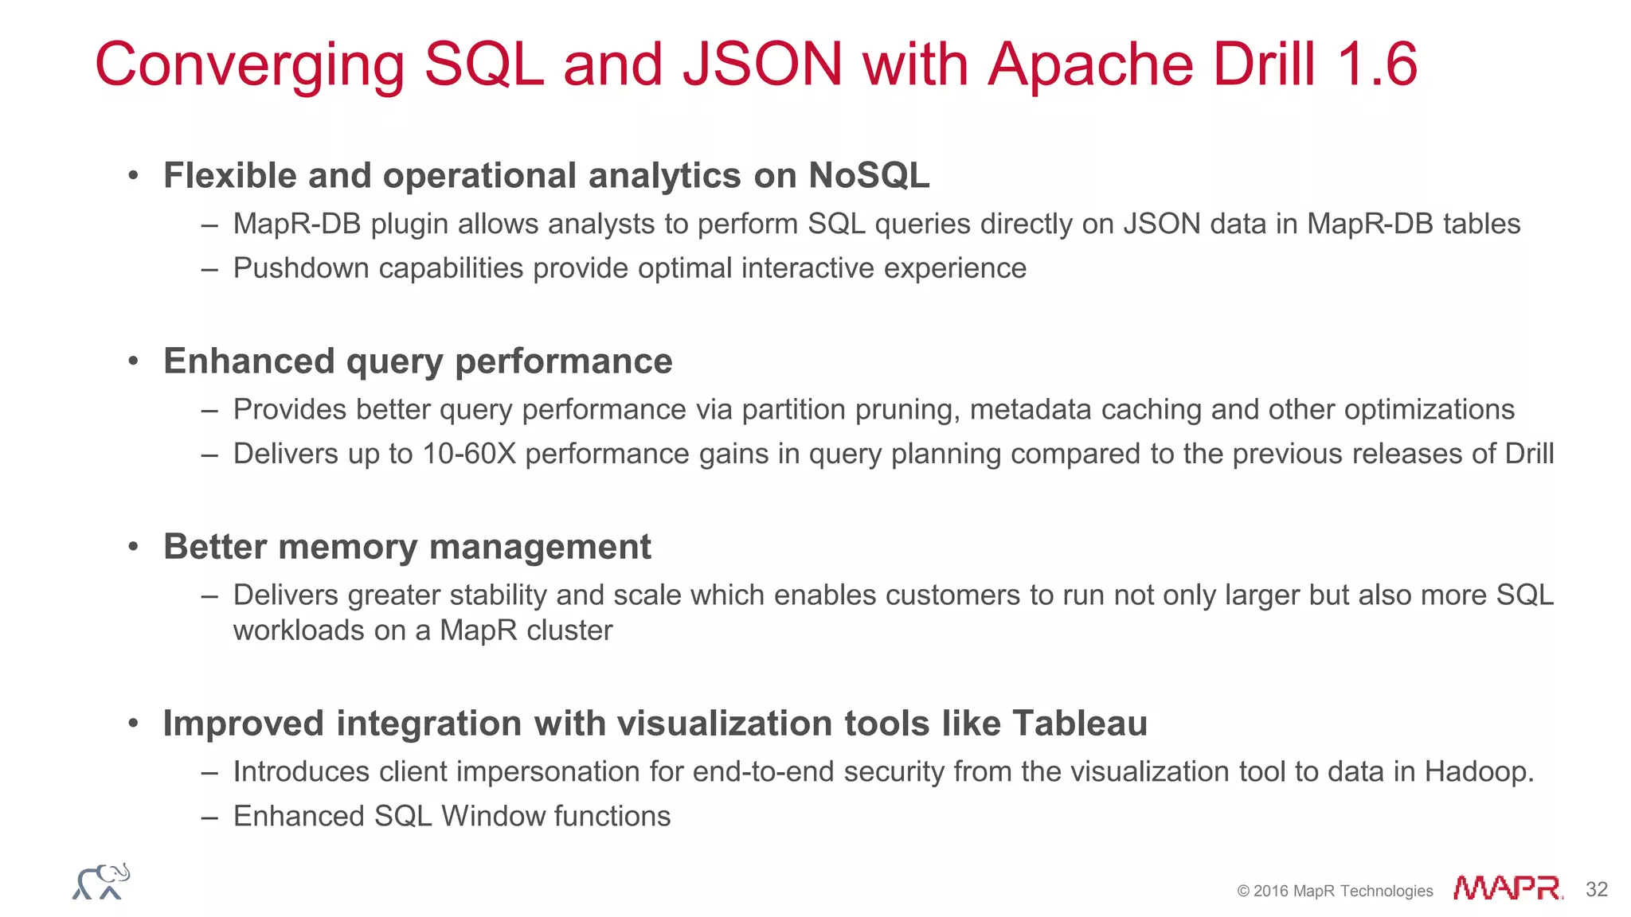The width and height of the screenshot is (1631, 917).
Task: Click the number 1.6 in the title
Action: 1377,65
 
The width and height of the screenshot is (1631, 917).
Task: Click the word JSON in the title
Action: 762,65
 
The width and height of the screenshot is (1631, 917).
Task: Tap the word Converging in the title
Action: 249,65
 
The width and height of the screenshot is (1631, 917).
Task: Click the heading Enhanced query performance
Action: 417,361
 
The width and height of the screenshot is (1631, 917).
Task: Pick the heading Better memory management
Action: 407,547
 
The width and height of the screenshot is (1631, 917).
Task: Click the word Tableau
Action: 1079,724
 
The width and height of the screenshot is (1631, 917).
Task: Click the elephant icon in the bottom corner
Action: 101,882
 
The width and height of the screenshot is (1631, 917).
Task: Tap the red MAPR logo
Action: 1507,888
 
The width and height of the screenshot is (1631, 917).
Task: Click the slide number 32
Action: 1596,889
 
